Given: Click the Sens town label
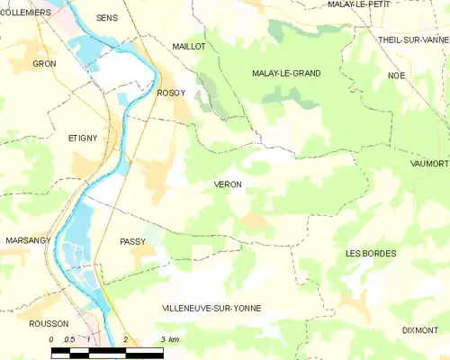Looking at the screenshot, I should pyautogui.click(x=107, y=18).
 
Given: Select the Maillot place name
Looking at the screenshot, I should pyautogui.click(x=189, y=46).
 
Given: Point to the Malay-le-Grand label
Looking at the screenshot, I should pyautogui.click(x=286, y=73).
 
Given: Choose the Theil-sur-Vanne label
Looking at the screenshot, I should pyautogui.click(x=412, y=40).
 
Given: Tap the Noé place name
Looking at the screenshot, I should pyautogui.click(x=397, y=76).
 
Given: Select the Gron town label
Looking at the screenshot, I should pyautogui.click(x=44, y=64).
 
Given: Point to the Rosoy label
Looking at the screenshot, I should pyautogui.click(x=171, y=93).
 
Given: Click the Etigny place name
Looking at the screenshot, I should pyautogui.click(x=82, y=138).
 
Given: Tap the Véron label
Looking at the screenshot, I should pyautogui.click(x=228, y=184).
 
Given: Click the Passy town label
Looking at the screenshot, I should pyautogui.click(x=132, y=242).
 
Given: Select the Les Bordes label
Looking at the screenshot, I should pyautogui.click(x=371, y=254).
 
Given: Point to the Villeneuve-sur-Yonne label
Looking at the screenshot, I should pyautogui.click(x=211, y=309).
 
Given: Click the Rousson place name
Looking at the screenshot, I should pyautogui.click(x=49, y=324).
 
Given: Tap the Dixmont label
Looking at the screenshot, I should pyautogui.click(x=420, y=330).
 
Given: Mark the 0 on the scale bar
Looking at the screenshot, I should pyautogui.click(x=51, y=339).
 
